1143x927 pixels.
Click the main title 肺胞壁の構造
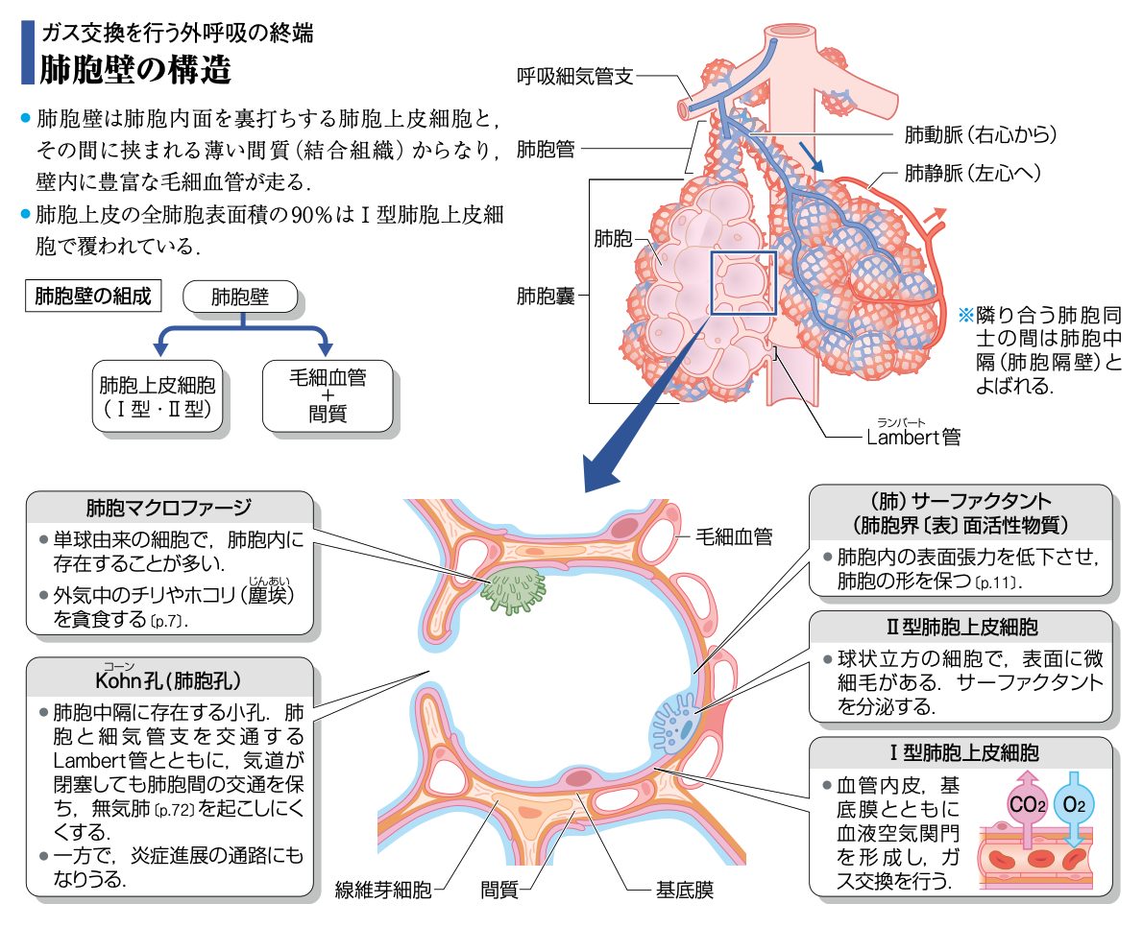coord(134,69)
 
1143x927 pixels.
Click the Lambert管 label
coord(912,438)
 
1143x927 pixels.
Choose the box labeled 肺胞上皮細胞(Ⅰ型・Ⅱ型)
coord(158,396)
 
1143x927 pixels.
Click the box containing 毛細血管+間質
coord(327,396)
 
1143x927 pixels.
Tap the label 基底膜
coord(684,891)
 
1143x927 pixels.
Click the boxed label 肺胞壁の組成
coord(92,296)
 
